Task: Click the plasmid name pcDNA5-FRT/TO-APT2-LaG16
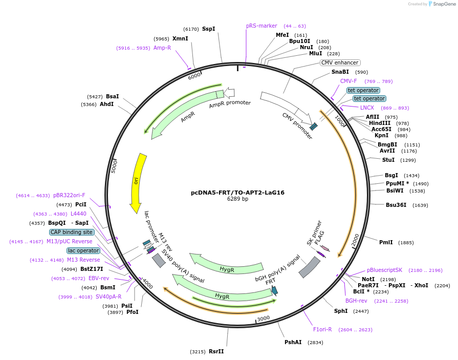[237, 193]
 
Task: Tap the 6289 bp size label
[237, 199]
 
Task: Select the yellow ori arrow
[137, 182]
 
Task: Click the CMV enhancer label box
[340, 62]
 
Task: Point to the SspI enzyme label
[208, 29]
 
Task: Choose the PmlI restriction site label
[386, 242]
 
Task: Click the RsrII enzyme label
[216, 351]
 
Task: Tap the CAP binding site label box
[72, 232]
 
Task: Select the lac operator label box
[83, 250]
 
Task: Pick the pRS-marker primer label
[261, 26]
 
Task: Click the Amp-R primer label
[162, 48]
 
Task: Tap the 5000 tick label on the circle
[114, 165]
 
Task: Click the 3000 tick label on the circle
[263, 318]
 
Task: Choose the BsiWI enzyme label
[395, 190]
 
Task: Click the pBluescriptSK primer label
[384, 270]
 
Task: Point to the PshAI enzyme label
[293, 342]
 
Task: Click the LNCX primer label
[367, 108]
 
